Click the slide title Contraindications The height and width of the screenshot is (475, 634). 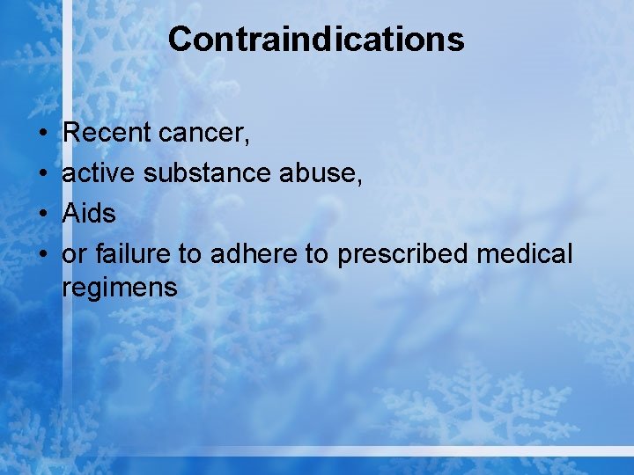click(316, 40)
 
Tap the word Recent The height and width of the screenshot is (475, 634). click(107, 133)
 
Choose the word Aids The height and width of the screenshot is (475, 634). click(89, 214)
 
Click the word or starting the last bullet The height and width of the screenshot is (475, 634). click(74, 255)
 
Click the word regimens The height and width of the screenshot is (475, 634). click(120, 288)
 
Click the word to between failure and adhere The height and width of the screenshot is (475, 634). click(190, 254)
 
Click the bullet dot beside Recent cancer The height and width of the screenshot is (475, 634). click(42, 134)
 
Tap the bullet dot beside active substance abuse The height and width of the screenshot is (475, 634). click(42, 174)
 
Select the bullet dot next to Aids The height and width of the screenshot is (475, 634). click(42, 215)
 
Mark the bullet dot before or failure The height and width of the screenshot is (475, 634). click(42, 255)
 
